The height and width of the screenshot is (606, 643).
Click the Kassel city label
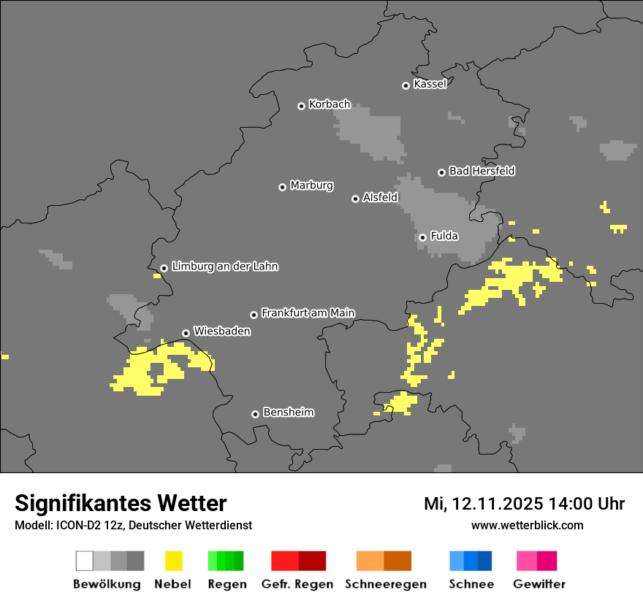pyautogui.click(x=430, y=84)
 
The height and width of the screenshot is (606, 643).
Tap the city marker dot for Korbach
pyautogui.click(x=301, y=106)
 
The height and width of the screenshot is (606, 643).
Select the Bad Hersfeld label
pyautogui.click(x=482, y=171)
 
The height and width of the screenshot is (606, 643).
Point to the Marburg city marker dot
pyautogui.click(x=282, y=187)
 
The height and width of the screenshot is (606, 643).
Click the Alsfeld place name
pyautogui.click(x=380, y=197)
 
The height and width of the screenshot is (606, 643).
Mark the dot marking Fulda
pyautogui.click(x=422, y=237)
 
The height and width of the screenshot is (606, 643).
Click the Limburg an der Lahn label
pyautogui.click(x=224, y=266)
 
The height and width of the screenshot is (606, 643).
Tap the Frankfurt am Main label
pyautogui.click(x=308, y=312)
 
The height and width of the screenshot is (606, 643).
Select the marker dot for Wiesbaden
pyautogui.click(x=186, y=333)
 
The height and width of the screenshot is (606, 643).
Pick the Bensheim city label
pyautogui.click(x=288, y=412)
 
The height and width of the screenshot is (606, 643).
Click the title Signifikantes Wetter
pyautogui.click(x=121, y=503)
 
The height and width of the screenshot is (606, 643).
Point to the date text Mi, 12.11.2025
pyautogui.click(x=484, y=504)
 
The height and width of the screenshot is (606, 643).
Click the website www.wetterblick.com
pyautogui.click(x=527, y=525)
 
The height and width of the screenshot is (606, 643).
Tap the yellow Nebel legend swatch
pyautogui.click(x=173, y=561)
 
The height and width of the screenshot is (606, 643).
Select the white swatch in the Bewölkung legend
pyautogui.click(x=84, y=561)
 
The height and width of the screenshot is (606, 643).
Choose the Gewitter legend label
pyautogui.click(x=539, y=584)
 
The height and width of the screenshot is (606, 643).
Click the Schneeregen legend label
pyautogui.click(x=385, y=584)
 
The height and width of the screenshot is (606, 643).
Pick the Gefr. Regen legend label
pyautogui.click(x=297, y=584)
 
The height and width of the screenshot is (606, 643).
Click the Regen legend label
pyautogui.click(x=226, y=584)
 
